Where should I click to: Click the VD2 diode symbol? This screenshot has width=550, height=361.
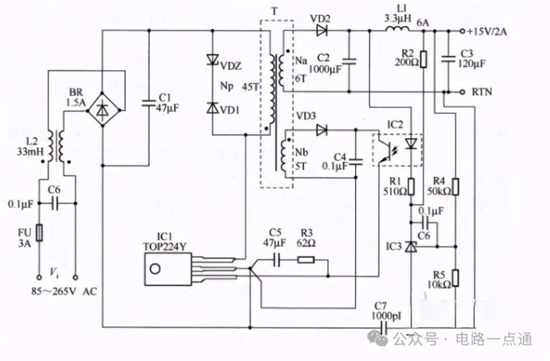pos(321,31)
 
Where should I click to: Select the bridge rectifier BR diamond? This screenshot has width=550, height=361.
pos(103,110)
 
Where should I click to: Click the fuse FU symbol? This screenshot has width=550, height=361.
pos(40,233)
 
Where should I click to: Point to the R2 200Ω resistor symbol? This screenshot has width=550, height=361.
pos(424,59)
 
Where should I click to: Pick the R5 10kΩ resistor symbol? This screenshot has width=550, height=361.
pos(455,278)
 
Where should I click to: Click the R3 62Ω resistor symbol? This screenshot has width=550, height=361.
pos(306,260)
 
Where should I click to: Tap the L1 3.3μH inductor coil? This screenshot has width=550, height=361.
pos(397,29)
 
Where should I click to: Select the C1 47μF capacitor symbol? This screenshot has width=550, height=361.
pos(149,103)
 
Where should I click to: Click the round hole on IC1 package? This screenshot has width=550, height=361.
pos(155,269)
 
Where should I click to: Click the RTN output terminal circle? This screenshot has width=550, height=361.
pos(462,92)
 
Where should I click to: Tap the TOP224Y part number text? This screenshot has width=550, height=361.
pos(164,246)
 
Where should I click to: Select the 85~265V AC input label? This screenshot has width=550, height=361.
pos(64,292)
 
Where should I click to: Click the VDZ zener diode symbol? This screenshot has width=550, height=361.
pos(212,59)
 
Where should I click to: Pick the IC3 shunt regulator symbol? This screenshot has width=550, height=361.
pos(411,246)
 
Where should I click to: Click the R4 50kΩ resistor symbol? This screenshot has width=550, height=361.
pos(455,187)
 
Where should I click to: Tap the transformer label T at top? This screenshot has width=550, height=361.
pos(274,12)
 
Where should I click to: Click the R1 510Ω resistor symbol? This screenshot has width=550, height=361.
pos(411,187)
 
